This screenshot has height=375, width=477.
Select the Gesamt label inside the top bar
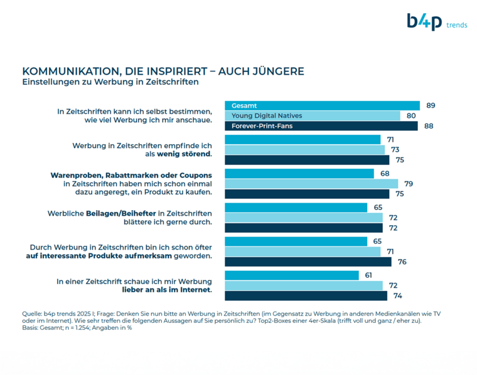coord(245,105)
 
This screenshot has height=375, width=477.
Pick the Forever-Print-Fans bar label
coord(262,126)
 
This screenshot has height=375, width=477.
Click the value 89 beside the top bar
coord(431,105)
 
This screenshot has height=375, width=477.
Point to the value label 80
coord(411,116)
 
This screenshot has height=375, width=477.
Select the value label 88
coord(429,126)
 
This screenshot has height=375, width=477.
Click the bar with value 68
coord(299,173)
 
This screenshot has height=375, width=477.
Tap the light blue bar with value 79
coord(311,184)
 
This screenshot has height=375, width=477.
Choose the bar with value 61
coord(291,275)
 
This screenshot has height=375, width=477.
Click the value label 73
coord(395,150)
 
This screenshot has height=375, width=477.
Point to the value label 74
coord(397,296)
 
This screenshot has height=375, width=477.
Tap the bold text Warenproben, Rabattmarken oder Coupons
coord(131,174)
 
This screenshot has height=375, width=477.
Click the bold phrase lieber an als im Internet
coord(166,290)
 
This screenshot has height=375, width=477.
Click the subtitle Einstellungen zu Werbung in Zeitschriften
coord(110,82)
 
